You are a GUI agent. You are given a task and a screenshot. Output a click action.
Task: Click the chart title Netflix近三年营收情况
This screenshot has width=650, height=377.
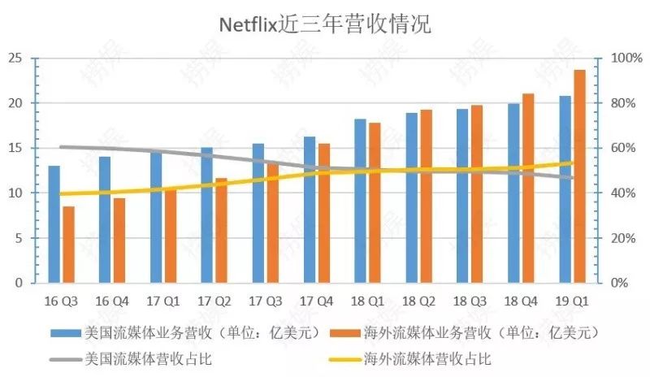[324, 24]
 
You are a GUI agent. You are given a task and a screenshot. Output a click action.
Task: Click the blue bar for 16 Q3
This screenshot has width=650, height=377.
[54, 224]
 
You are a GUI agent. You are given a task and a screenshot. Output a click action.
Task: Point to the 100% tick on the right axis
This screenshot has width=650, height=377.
[626, 58]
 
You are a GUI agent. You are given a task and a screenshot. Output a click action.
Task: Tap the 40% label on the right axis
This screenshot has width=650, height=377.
[622, 193]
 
